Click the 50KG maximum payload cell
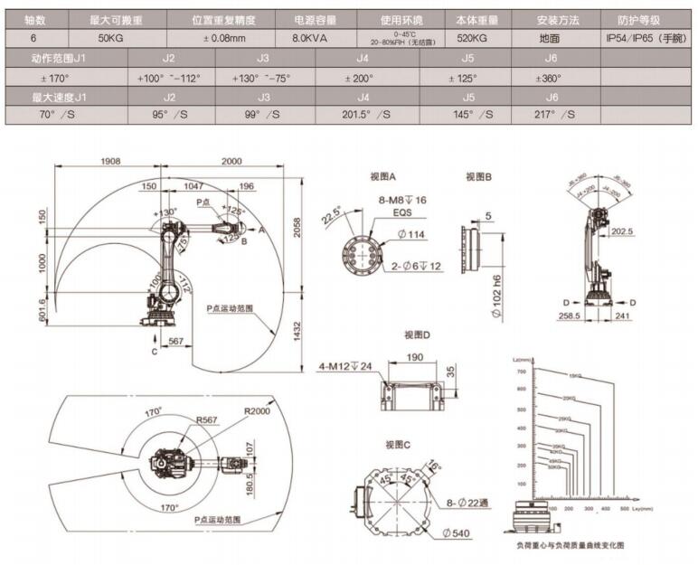click(111, 39)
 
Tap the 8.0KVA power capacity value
click(312, 39)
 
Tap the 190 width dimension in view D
click(416, 357)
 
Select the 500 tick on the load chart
click(624, 510)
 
